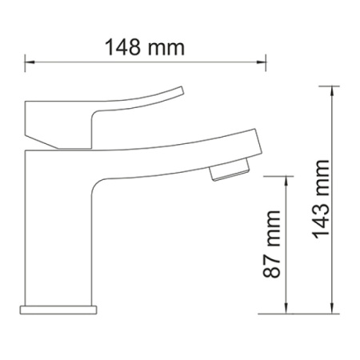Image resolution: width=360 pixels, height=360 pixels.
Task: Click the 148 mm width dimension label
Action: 144,47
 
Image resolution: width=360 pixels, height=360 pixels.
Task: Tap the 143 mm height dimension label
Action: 321,199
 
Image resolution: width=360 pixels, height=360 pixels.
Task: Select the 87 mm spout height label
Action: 272,244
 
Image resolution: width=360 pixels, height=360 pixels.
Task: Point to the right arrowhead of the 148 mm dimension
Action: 261,62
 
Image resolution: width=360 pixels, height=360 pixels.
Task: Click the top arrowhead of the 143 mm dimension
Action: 332,91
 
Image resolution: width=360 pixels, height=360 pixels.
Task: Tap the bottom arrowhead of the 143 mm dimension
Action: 332,309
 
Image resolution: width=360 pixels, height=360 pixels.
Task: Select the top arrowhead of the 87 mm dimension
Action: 286,181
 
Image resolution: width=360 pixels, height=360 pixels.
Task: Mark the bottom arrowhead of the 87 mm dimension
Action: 286,309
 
